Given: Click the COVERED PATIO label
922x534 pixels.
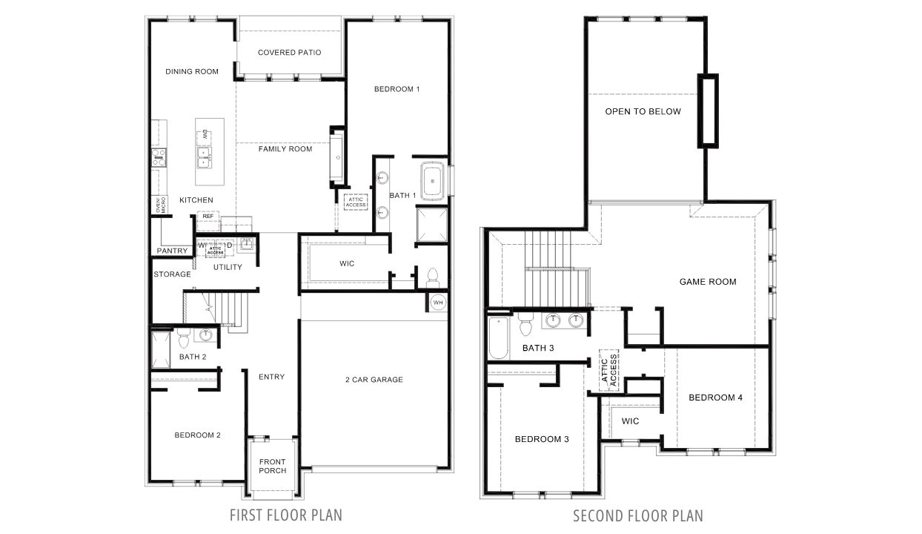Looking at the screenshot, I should (x=289, y=53).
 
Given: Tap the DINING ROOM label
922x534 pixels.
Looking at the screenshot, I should (x=192, y=72).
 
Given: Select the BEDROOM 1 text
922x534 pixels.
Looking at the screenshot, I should (x=397, y=90).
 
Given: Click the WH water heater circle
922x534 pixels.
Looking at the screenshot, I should (x=437, y=303).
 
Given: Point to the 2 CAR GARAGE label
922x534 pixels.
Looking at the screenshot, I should (x=374, y=380).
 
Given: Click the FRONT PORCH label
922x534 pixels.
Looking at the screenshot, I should (x=272, y=467).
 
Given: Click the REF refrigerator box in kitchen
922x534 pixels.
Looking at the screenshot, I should (x=208, y=217).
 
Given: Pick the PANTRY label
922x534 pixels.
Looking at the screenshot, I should (x=172, y=251).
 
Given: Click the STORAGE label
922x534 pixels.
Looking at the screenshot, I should (x=172, y=274).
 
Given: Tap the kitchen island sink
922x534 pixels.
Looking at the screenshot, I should (x=204, y=154).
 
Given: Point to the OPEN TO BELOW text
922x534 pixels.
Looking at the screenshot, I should (x=643, y=112).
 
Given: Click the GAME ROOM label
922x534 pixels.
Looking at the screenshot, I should (x=708, y=282).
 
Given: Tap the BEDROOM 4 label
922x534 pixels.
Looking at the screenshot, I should (x=715, y=398).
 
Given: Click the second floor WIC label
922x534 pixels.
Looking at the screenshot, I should (x=630, y=421).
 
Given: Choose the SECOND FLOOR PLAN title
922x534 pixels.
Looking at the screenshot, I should (x=638, y=515).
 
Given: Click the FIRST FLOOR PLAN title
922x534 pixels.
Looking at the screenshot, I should (x=286, y=515).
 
